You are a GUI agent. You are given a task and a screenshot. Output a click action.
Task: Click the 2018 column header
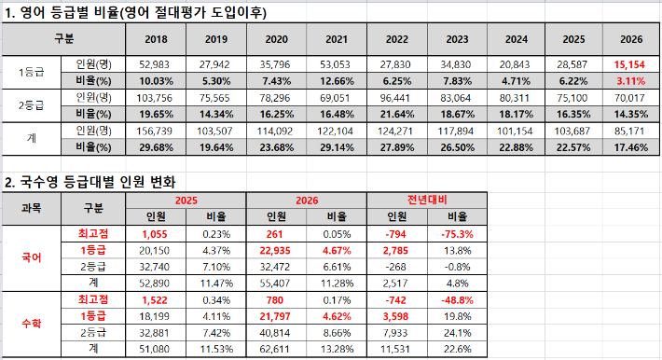(156, 40)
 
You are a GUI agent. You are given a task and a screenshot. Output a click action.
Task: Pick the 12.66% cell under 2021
(336, 81)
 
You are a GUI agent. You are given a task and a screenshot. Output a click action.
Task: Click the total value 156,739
(156, 131)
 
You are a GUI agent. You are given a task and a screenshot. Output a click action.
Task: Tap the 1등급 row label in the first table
(33, 74)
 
